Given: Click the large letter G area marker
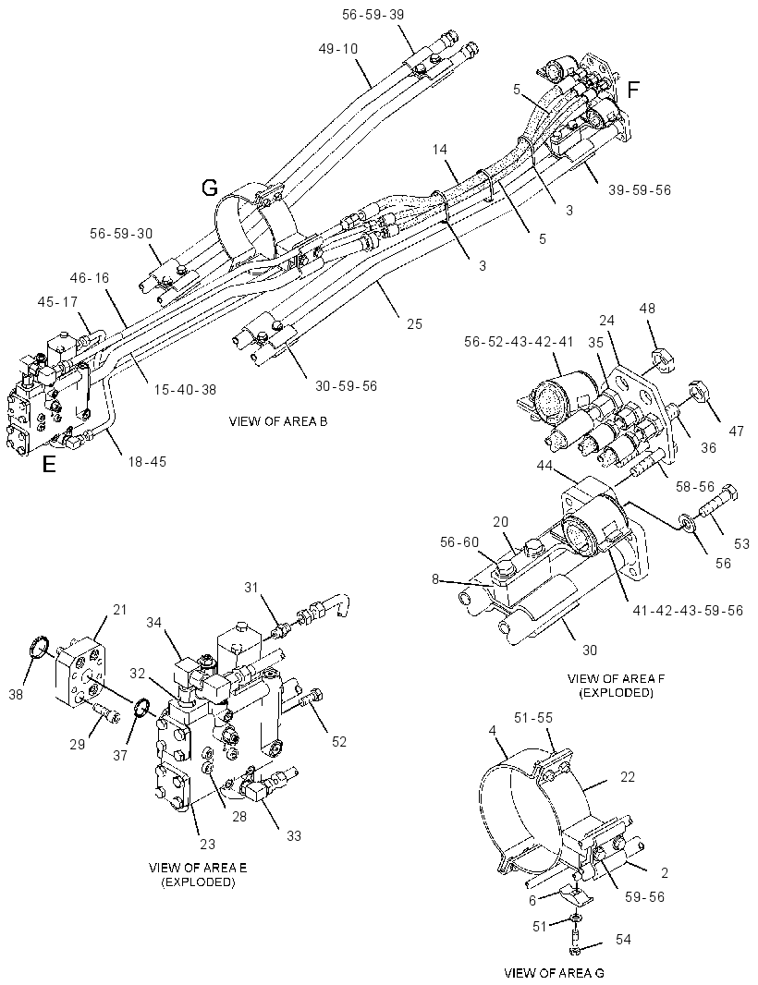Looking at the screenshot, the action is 209,188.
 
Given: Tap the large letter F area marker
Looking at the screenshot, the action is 633,90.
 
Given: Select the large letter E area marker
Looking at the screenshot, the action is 48,464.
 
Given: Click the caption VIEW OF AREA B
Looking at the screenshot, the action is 278,420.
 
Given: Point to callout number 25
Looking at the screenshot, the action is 414,324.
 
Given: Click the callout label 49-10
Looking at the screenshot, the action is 338,48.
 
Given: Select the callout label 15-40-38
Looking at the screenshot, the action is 185,390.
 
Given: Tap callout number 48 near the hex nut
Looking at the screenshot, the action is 647,308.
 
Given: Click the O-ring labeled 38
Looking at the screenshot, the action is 39,647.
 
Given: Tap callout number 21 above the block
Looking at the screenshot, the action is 119,609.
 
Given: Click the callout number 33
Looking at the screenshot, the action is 294,835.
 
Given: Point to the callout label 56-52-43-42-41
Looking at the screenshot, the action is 519,341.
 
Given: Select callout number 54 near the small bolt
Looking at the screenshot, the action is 623,939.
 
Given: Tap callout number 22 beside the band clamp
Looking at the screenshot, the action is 628,777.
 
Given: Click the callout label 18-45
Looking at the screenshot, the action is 147,462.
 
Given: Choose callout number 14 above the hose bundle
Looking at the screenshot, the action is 440,150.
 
